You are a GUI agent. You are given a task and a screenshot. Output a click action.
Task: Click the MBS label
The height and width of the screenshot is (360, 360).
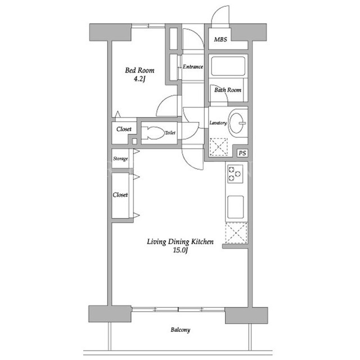click(220, 39)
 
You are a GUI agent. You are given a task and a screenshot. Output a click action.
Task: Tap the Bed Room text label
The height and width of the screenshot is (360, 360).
click(139, 70)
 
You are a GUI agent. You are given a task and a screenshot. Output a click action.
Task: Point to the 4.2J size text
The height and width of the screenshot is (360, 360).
click(139, 79)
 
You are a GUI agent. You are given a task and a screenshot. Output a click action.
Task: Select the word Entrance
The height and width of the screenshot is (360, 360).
click(193, 67)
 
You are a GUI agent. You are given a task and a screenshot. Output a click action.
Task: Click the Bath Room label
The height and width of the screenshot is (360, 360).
click(228, 90)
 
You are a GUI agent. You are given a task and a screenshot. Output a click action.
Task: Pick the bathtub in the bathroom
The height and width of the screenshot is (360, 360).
click(228, 66)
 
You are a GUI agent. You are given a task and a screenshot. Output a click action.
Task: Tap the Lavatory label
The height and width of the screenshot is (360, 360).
click(218, 123)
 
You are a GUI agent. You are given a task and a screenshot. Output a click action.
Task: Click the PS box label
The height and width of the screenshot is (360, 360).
click(242, 153)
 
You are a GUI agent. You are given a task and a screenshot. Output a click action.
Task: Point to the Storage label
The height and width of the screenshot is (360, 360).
click(120, 159)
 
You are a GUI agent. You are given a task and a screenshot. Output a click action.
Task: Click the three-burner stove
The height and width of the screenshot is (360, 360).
click(235, 174)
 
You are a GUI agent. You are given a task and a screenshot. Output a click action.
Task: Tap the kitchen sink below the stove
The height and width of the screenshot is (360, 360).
click(236, 207)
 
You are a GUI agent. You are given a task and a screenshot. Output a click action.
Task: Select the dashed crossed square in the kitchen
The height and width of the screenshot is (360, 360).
click(236, 233)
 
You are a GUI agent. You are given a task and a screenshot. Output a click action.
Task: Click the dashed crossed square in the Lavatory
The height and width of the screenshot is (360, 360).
click(219, 147)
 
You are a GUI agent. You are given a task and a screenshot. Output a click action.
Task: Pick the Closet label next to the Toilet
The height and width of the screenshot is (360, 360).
click(124, 129)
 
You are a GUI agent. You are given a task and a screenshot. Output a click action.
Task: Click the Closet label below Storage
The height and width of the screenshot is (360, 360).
click(120, 195)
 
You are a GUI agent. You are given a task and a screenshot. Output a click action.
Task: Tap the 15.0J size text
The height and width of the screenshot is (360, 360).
click(180, 250)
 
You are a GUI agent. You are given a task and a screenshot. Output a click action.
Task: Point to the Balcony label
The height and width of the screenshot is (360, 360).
click(181, 330)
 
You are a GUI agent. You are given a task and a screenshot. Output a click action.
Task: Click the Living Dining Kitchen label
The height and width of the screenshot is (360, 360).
click(180, 242)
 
